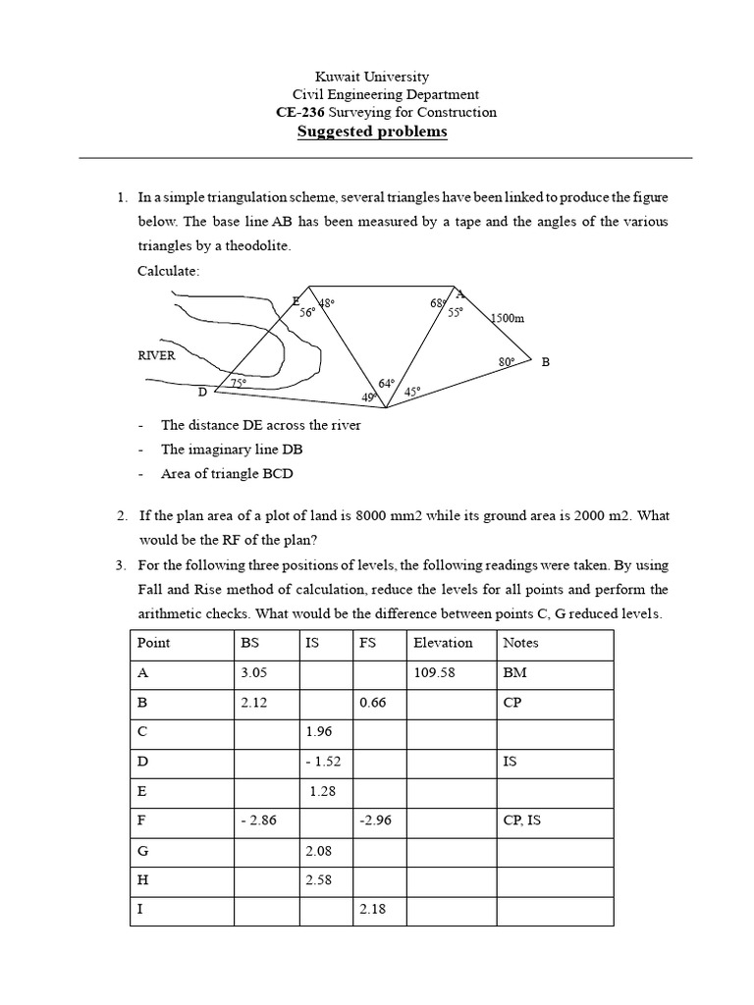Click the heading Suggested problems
[x=372, y=132]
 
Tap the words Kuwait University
[x=371, y=77]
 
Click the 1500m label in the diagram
[x=508, y=318]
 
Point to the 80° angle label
[x=507, y=362]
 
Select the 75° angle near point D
[x=238, y=383]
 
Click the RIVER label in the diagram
[x=156, y=355]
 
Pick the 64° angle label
[x=387, y=383]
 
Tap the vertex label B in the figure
[x=546, y=362]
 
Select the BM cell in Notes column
[x=515, y=674]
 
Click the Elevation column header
[x=443, y=643]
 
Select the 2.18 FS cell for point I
[x=374, y=910]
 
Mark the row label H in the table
[x=144, y=878]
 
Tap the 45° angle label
[x=412, y=391]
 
